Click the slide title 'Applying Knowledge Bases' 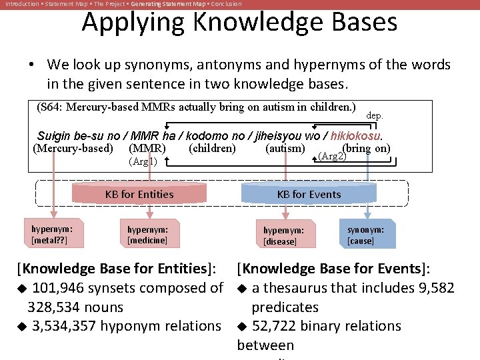tap(239, 23)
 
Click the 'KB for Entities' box tap(139, 195)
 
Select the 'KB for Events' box tap(309, 195)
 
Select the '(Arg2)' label tap(332, 156)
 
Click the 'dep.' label tap(375, 115)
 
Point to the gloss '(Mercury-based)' tap(73, 148)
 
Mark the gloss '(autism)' tap(285, 148)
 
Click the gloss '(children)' tap(212, 148)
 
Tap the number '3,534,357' tap(69, 326)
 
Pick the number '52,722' tap(278, 326)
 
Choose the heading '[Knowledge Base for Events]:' tap(333, 269)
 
